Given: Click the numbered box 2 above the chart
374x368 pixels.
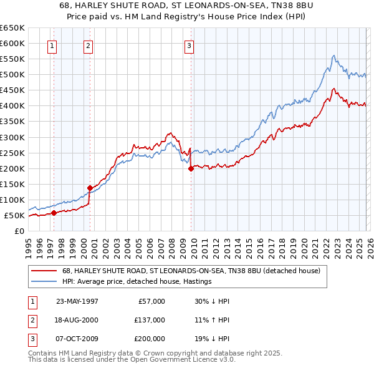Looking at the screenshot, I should point(89,45).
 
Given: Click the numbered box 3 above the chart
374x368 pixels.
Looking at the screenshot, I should point(189,45).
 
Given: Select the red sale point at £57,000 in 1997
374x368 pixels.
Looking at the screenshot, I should point(54,213).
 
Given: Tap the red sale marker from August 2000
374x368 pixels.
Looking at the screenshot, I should point(90,188).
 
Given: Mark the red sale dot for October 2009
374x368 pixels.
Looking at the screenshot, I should point(191,168).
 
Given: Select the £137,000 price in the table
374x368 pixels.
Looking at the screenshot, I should point(149,320).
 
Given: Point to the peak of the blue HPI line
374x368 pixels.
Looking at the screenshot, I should point(334,56).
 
